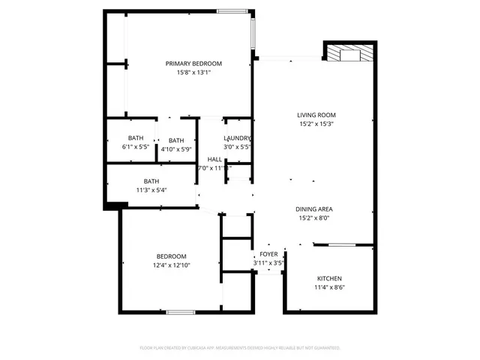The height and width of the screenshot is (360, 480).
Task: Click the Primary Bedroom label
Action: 193,64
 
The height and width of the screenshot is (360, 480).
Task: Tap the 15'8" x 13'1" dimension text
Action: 193,73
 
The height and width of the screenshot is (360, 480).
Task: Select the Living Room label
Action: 316,115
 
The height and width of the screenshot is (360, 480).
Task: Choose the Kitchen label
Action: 330,278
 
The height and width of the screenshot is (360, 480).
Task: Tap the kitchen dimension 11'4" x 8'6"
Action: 330,287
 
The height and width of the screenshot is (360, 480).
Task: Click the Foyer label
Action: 268,254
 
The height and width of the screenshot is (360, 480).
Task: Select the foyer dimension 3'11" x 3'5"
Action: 268,263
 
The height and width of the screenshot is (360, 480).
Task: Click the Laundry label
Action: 237,139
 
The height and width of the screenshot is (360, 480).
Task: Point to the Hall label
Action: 214,159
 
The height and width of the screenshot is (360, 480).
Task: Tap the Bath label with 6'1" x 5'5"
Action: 136,138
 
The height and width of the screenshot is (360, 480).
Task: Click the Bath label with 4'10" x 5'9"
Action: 176,140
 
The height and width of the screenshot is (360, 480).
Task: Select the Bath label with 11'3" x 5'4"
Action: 151,181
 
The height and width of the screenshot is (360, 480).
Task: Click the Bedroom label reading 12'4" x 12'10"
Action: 172,256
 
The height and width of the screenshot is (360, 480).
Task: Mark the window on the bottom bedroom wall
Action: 181,312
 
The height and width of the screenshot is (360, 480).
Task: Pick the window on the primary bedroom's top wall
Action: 229,10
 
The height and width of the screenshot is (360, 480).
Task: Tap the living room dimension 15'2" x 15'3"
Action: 316,124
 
